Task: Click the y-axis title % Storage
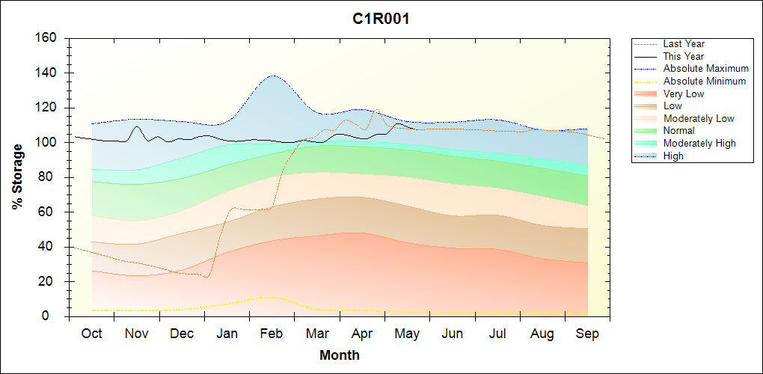[18, 177]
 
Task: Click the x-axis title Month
[340, 355]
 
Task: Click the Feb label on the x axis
[272, 334]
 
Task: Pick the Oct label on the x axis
[91, 334]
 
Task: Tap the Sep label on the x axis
[587, 334]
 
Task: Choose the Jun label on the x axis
[452, 334]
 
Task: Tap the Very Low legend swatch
[646, 93]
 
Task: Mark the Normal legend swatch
[646, 131]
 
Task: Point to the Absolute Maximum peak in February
[273, 76]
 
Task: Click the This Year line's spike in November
[137, 127]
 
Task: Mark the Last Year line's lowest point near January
[206, 278]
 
